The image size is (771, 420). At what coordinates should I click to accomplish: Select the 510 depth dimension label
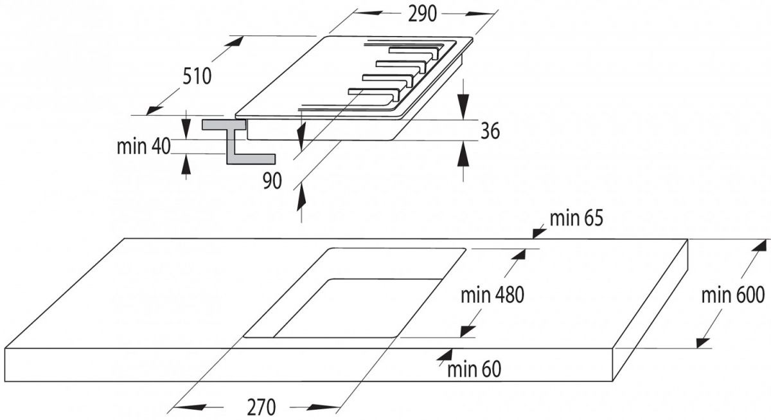[x=197, y=77]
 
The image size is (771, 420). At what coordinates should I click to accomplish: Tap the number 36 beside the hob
[x=490, y=131]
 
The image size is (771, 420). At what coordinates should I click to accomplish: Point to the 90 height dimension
[x=272, y=182]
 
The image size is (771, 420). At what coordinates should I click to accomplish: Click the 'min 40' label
[x=143, y=146]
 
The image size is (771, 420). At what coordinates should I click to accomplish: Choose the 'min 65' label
[x=576, y=219]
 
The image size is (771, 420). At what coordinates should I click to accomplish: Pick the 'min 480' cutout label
[x=493, y=295]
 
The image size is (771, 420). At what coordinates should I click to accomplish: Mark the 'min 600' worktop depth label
[x=732, y=295]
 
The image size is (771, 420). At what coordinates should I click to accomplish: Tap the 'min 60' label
[x=474, y=369]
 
